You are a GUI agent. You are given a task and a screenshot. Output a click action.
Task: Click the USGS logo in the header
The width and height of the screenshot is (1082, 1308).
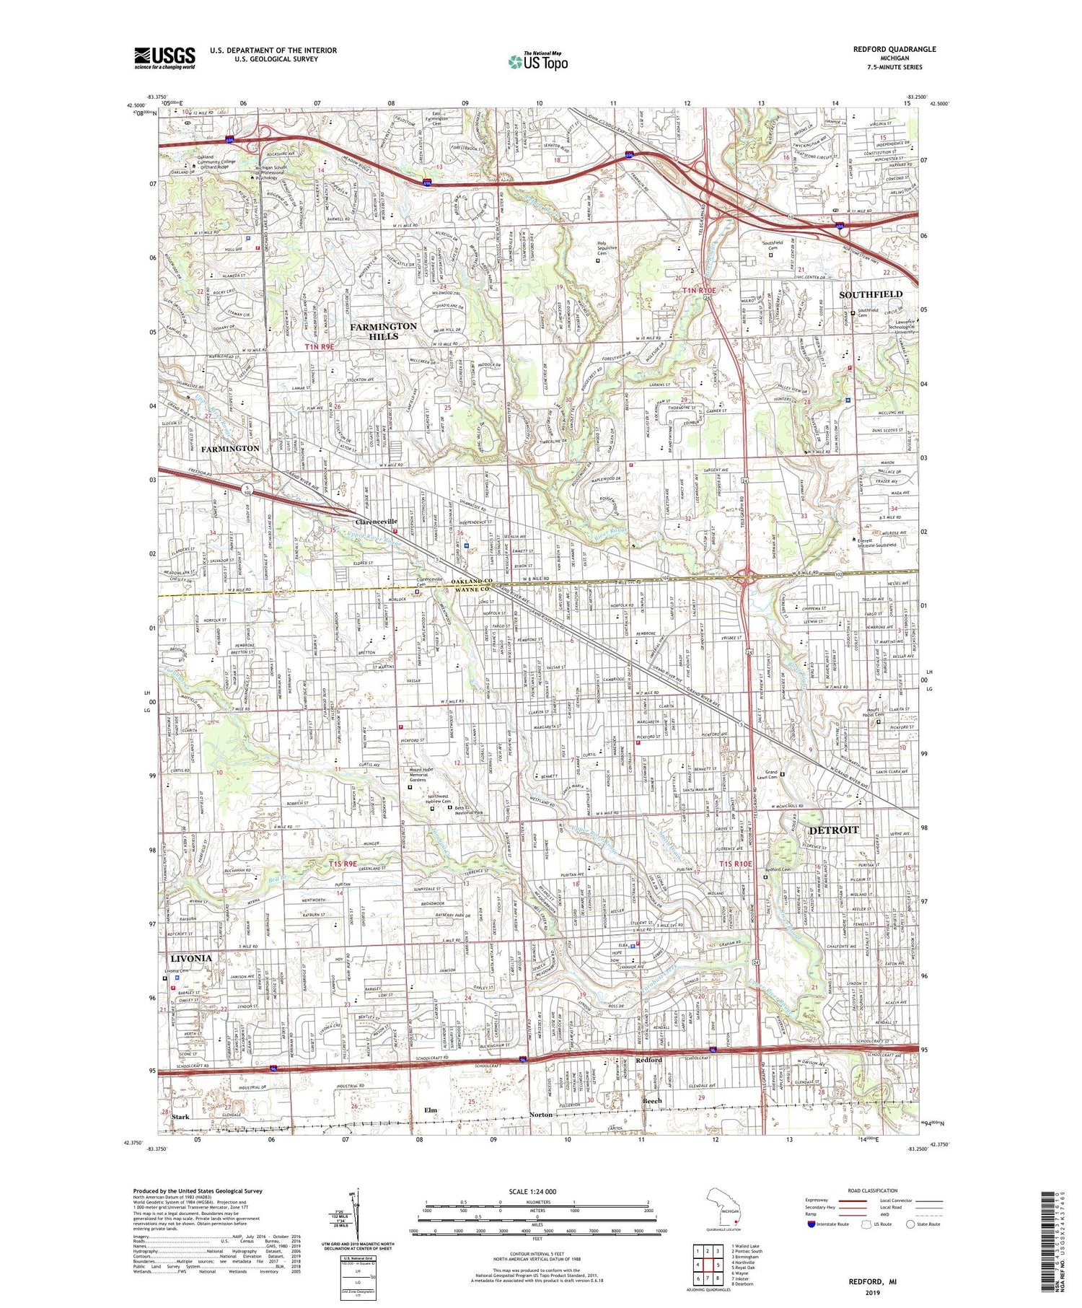coord(164,58)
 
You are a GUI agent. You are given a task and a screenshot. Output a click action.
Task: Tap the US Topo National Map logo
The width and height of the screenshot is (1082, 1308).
coord(537,61)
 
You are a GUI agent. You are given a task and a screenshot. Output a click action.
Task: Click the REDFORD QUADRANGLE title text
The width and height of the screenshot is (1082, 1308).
coord(894,49)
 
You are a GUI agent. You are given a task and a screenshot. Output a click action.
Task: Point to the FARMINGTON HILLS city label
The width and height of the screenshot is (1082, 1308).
coord(383,331)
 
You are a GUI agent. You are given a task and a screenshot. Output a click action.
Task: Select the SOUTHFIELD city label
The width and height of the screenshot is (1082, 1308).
coord(870,294)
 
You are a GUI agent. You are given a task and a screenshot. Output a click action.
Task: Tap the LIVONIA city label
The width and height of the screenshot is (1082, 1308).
coord(190,958)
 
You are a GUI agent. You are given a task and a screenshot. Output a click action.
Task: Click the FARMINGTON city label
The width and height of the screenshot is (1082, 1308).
coord(229,448)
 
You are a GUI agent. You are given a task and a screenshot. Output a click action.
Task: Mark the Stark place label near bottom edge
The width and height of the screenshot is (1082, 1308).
coord(180,1117)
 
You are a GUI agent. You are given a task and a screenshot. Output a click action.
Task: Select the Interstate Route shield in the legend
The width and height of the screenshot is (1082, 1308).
coord(811,1224)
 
